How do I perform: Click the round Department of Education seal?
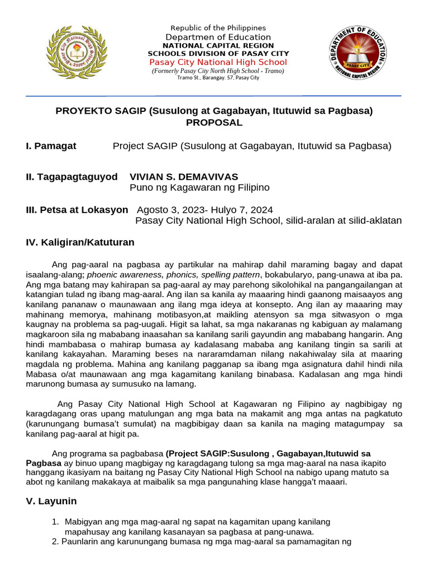click(357, 54)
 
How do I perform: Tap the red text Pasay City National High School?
click(218, 62)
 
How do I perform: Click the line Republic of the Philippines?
click(218, 28)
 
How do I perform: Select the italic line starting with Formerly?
click(218, 71)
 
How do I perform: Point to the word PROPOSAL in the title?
click(214, 123)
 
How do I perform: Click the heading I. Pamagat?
click(51, 146)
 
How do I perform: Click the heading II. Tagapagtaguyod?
click(71, 177)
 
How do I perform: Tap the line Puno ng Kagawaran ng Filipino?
click(199, 187)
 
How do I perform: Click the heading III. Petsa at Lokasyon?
click(77, 210)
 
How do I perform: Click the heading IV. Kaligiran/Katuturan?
click(80, 242)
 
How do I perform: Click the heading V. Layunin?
click(51, 501)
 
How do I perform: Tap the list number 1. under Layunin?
click(55, 522)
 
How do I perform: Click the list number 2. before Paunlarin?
click(55, 542)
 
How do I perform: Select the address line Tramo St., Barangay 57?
click(218, 78)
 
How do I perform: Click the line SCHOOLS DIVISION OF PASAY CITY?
click(218, 53)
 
